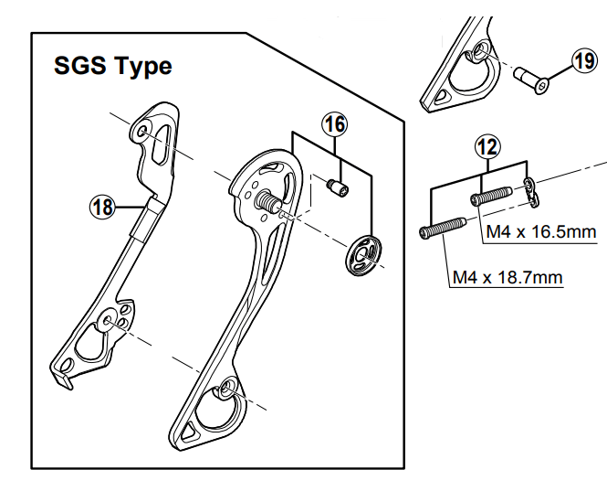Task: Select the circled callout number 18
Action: click(102, 208)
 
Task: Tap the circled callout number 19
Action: click(583, 61)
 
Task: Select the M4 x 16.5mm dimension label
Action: click(539, 232)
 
